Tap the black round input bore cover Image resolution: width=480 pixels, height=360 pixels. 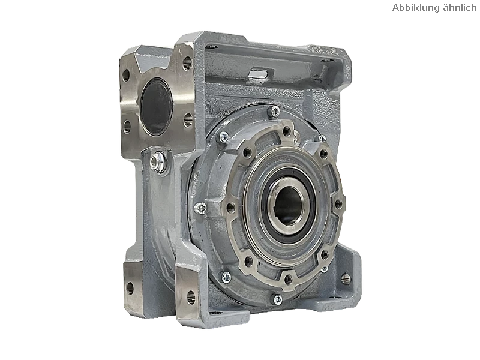(156, 106)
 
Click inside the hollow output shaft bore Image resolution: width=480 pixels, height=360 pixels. (287, 205)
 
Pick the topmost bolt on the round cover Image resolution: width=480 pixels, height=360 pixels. (275, 111)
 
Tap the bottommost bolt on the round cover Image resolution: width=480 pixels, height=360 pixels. (278, 299)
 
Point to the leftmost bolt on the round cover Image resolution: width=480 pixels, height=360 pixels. (200, 208)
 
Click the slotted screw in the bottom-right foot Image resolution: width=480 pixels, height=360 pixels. (346, 278)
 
